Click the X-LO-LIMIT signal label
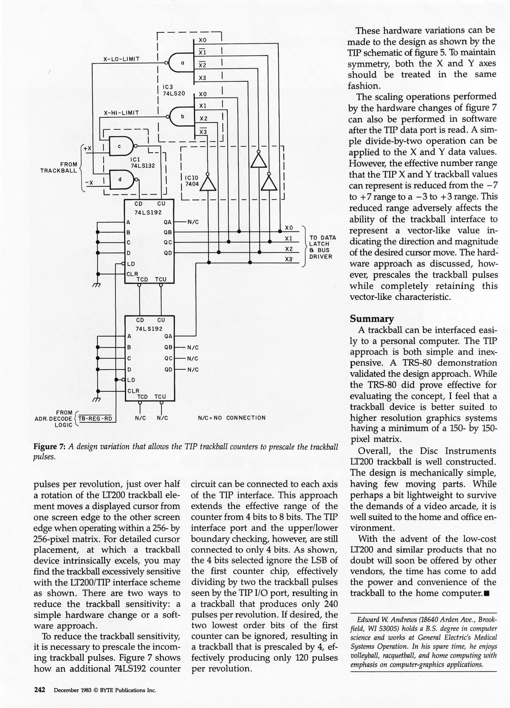(x=121, y=59)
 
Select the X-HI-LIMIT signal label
(x=121, y=113)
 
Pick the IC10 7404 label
(x=192, y=181)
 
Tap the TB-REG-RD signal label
(x=95, y=419)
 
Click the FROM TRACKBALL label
(x=59, y=167)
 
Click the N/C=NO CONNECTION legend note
(x=232, y=418)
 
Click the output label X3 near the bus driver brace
(x=289, y=259)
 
